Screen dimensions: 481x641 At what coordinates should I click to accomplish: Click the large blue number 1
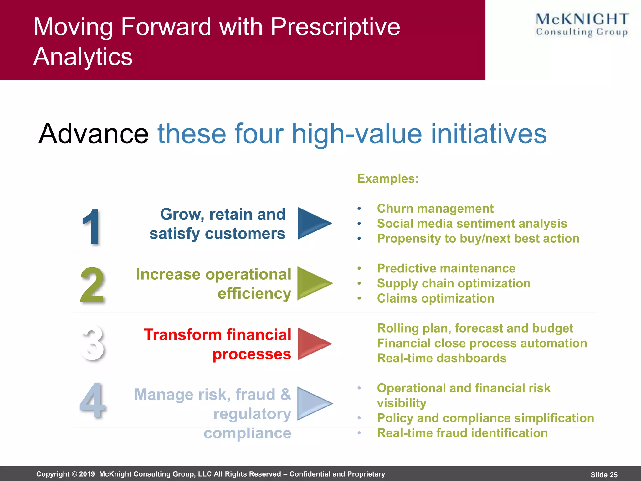point(91,227)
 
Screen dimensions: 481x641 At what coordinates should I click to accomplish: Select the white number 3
point(93,343)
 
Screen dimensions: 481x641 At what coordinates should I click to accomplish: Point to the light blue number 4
point(92,401)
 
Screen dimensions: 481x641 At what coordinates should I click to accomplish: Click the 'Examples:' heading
point(388,178)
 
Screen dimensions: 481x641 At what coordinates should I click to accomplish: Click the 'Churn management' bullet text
point(435,209)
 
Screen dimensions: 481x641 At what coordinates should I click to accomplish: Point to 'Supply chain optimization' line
point(454,283)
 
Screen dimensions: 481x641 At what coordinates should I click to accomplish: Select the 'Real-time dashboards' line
point(442,358)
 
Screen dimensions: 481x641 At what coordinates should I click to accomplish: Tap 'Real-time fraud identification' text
point(462,433)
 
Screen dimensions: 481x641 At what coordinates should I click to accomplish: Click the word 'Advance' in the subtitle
point(93,134)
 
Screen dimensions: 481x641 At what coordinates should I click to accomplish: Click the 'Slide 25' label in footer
point(604,475)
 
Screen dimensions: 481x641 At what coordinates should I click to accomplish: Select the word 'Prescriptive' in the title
point(335,27)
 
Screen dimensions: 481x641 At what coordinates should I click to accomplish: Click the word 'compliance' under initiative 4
point(247,433)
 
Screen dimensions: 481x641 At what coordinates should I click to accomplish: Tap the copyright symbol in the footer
point(74,474)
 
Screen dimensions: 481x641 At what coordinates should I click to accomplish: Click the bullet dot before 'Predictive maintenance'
point(359,268)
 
